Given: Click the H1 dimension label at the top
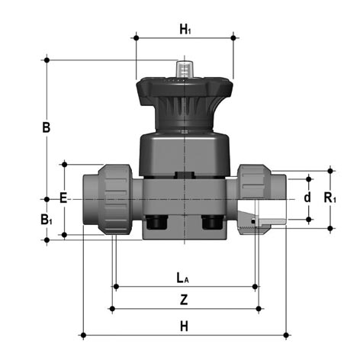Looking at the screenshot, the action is [x=185, y=29].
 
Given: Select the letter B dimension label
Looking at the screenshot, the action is [x=47, y=127].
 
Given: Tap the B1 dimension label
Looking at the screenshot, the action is [x=47, y=220].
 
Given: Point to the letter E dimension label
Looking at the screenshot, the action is [x=63, y=198].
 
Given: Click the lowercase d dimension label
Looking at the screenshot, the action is [x=307, y=198].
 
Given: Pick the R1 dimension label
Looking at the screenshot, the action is [x=330, y=198].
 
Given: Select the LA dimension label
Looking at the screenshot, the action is [x=183, y=278].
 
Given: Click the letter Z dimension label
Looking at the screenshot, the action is [x=184, y=300].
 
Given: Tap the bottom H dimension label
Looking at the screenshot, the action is [x=184, y=326].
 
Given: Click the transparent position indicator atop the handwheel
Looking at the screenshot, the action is [x=185, y=69].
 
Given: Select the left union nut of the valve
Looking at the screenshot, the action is [x=115, y=199].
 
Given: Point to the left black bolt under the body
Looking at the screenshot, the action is [x=156, y=222].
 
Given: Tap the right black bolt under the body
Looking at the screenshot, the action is [x=213, y=222].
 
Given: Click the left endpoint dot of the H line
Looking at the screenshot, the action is [x=83, y=335].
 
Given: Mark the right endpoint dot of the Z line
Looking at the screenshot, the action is [x=259, y=309].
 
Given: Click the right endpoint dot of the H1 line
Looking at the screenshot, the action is [x=233, y=38].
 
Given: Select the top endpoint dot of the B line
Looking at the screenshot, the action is [x=47, y=60].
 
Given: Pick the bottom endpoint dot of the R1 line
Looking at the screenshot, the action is [x=330, y=229].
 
